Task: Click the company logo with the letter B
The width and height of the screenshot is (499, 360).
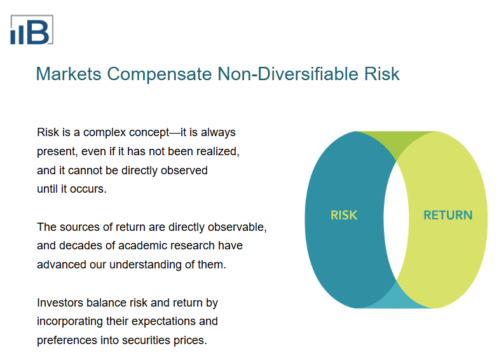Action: pos(31,30)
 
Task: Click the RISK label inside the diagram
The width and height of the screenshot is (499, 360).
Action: pos(344,215)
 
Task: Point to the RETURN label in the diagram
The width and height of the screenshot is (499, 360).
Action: pos(448,215)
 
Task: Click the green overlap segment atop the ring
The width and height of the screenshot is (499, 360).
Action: pos(396,144)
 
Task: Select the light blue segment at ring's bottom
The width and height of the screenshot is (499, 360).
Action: pos(396,296)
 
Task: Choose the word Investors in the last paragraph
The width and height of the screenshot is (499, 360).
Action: pos(60,302)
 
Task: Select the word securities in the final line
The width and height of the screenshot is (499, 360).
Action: pos(145,340)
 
